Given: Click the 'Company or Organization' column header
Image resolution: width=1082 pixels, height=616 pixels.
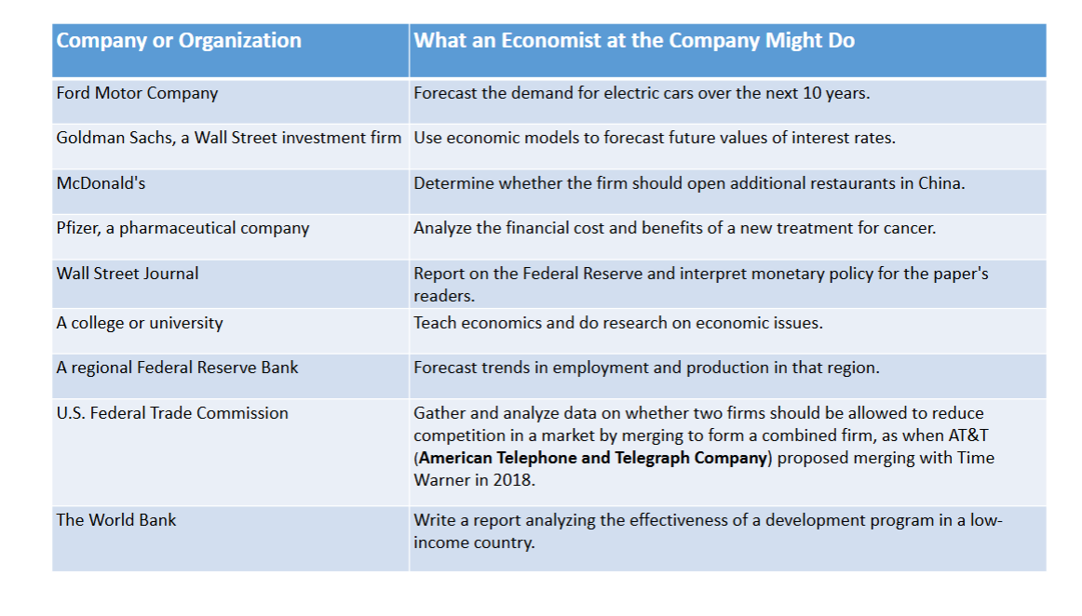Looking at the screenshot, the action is click(179, 41).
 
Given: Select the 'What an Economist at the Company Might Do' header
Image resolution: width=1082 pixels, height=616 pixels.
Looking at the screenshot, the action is click(634, 41).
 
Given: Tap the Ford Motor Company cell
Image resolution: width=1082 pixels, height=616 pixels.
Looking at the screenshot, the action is click(137, 93).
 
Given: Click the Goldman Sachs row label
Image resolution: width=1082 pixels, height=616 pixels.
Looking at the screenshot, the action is click(228, 138).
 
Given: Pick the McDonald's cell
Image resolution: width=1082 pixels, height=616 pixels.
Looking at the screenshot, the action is click(101, 182).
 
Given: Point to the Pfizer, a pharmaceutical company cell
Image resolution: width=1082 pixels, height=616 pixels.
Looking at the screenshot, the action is click(183, 228).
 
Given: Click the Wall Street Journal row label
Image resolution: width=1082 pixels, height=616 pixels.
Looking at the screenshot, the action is click(128, 274).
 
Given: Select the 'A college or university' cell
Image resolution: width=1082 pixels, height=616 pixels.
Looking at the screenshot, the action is click(140, 323).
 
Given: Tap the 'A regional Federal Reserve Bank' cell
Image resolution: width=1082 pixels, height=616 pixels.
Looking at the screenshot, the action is click(177, 368).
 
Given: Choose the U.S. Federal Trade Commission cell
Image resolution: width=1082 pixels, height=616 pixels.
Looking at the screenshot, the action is click(172, 412).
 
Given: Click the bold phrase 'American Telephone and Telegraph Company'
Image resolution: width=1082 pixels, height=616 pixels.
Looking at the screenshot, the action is click(593, 458).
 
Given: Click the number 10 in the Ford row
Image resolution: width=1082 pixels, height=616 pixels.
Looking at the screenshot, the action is click(812, 93).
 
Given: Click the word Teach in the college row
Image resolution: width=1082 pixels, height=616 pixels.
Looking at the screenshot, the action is click(435, 323).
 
